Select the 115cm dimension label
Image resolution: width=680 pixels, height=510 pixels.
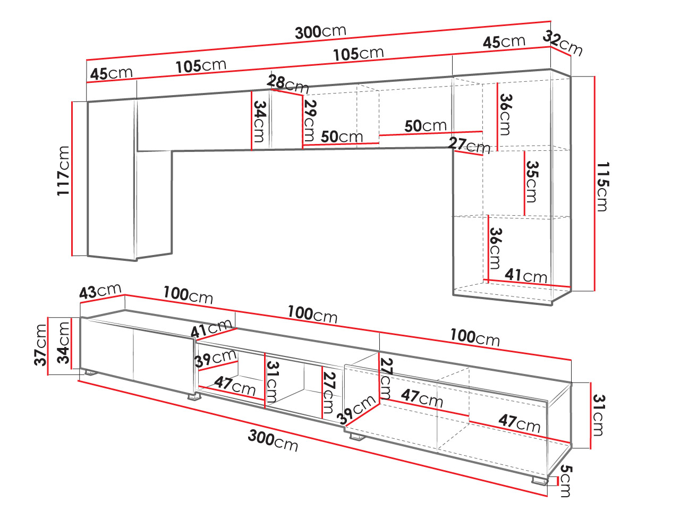point(602,186)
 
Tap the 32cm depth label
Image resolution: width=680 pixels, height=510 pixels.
point(563,43)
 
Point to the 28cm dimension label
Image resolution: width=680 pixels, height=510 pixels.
point(287,83)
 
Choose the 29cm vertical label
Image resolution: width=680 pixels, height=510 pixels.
point(310,120)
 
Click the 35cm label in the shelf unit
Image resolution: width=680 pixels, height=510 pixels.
point(532,182)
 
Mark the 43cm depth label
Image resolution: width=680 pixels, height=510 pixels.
point(100,292)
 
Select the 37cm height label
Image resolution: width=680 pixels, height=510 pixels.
point(41,345)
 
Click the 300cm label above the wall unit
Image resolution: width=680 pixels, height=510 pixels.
point(320,32)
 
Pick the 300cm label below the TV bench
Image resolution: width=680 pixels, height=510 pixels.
point(273,441)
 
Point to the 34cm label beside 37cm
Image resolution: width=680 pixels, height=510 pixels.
point(63,343)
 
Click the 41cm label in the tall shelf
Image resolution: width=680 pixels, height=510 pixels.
point(526,275)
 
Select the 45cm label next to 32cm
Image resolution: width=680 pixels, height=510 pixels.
point(504,42)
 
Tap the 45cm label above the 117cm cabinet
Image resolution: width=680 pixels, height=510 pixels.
point(111,74)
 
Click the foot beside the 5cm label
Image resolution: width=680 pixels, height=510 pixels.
point(540,482)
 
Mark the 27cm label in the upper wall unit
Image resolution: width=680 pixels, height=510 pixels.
point(469,146)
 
